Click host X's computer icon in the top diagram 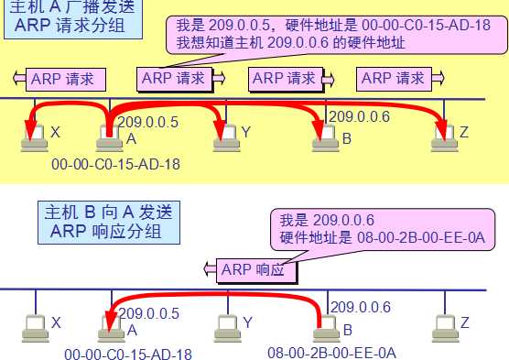coord(35,136)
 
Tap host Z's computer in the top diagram coord(444,136)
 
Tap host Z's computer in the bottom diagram coord(444,326)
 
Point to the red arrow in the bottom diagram coord(220,295)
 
